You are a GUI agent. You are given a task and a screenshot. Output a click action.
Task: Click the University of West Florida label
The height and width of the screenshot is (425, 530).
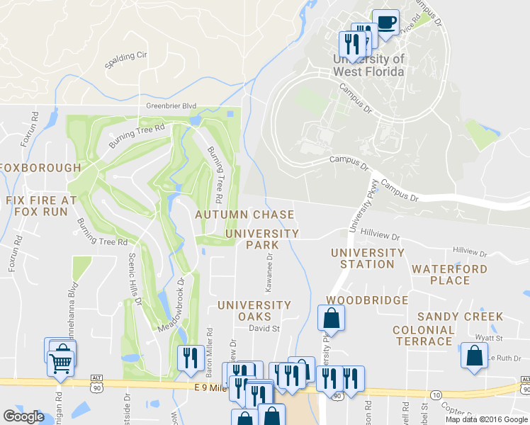pyautogui.click(x=369, y=65)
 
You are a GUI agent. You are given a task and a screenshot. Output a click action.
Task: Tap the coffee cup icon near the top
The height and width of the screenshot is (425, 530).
pyautogui.click(x=385, y=22)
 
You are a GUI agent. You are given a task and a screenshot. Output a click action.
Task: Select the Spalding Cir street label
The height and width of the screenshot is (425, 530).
pyautogui.click(x=125, y=55)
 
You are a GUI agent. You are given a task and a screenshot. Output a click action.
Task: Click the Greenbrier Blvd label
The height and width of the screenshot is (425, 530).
pyautogui.click(x=171, y=106)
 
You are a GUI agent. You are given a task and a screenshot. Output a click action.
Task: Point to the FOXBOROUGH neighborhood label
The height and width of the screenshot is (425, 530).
pyautogui.click(x=40, y=168)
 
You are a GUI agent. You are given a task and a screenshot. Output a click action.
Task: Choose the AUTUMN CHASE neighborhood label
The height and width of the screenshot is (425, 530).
pyautogui.click(x=244, y=215)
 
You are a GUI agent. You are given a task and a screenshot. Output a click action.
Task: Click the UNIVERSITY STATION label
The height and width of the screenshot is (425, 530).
pyautogui.click(x=367, y=259)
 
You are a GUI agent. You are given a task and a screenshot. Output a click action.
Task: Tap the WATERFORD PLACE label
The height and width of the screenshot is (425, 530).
pyautogui.click(x=450, y=275)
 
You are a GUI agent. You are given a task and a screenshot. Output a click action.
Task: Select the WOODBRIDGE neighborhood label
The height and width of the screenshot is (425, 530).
pyautogui.click(x=367, y=300)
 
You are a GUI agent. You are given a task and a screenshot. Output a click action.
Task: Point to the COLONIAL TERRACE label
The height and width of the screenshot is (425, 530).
pyautogui.click(x=424, y=336)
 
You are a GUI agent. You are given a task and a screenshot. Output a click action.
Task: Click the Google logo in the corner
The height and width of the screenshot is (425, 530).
pyautogui.click(x=23, y=416)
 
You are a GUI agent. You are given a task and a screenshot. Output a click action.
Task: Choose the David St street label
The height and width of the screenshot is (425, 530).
pyautogui.click(x=264, y=328)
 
